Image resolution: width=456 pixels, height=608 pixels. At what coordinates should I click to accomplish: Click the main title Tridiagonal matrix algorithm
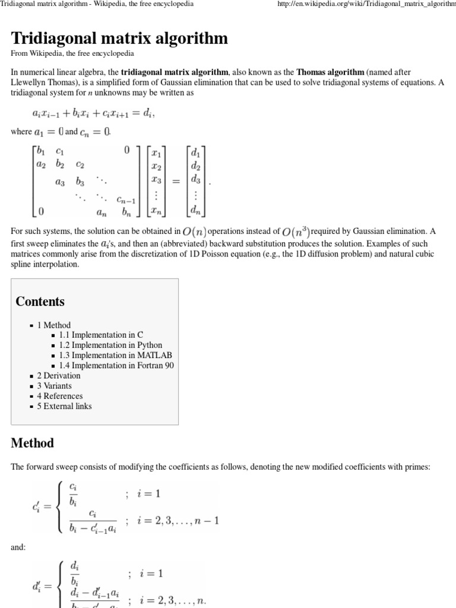pos(119,39)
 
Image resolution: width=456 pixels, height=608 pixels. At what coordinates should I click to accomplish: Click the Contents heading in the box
pos(40,301)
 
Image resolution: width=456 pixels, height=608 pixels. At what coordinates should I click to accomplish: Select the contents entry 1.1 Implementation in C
pos(97,335)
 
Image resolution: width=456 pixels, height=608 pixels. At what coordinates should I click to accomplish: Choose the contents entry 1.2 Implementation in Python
pos(110,345)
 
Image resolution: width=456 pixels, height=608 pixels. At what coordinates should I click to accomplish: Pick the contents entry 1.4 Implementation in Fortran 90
pos(116,365)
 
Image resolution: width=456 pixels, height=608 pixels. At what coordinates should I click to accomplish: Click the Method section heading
pos(32,443)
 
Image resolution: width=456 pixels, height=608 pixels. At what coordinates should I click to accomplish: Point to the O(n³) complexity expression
pos(296,231)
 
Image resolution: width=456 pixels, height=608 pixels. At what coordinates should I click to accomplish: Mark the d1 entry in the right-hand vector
pos(195,153)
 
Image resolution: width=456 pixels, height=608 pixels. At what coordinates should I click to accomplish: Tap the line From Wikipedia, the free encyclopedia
pos(72,53)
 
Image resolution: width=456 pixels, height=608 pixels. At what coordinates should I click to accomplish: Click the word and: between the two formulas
pos(18,547)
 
